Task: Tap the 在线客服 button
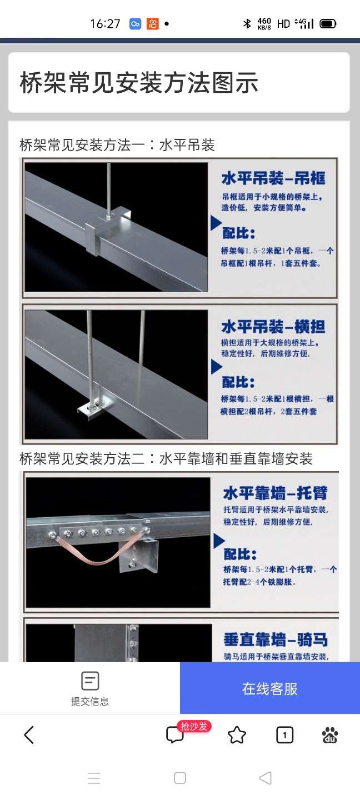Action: (269, 688)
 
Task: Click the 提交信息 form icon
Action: (90, 681)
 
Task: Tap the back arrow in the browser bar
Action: (29, 735)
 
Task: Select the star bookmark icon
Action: (237, 735)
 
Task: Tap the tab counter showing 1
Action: (284, 735)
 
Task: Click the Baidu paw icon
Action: (330, 735)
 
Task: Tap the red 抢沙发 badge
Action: (194, 727)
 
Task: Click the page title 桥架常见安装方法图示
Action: (138, 82)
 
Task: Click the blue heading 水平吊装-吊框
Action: (273, 178)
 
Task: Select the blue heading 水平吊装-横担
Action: (273, 327)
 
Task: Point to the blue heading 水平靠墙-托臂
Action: (276, 493)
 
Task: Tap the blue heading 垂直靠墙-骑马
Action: (276, 639)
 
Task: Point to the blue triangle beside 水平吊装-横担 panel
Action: (217, 367)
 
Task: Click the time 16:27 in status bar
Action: (105, 24)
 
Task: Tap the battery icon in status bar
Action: (328, 24)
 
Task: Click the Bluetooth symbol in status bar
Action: (247, 23)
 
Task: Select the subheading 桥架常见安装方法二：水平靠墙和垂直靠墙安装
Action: (166, 458)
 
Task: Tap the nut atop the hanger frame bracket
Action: (108, 216)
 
